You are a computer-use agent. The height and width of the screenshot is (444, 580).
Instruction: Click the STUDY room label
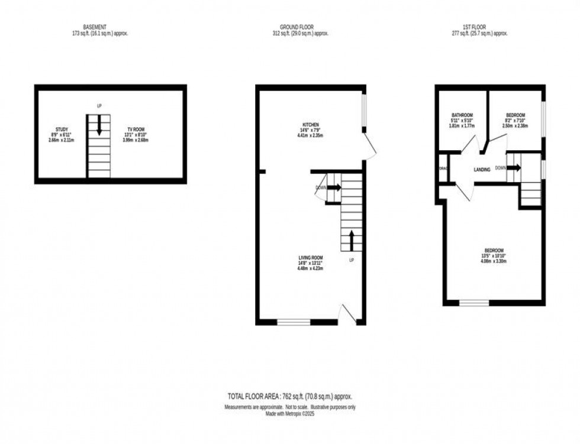pyautogui.click(x=62, y=129)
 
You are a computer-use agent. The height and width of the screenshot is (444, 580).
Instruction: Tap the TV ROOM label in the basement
pyautogui.click(x=136, y=129)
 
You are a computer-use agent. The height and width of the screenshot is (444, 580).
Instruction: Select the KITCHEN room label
pyautogui.click(x=311, y=125)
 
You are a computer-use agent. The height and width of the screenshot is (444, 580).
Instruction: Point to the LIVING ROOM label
pyautogui.click(x=311, y=258)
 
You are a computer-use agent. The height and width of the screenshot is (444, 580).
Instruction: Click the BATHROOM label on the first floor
pyautogui.click(x=462, y=115)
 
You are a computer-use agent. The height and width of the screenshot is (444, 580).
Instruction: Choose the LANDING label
pyautogui.click(x=482, y=170)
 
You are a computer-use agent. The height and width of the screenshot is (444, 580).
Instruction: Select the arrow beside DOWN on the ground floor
pyautogui.click(x=334, y=187)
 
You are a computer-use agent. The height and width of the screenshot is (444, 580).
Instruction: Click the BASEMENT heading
pyautogui.click(x=95, y=27)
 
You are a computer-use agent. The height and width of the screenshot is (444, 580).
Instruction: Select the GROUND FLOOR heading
pyautogui.click(x=297, y=27)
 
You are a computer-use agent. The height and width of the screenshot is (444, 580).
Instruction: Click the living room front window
pyautogui.click(x=294, y=322)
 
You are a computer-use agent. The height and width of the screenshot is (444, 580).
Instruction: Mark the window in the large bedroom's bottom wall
pyautogui.click(x=474, y=303)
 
